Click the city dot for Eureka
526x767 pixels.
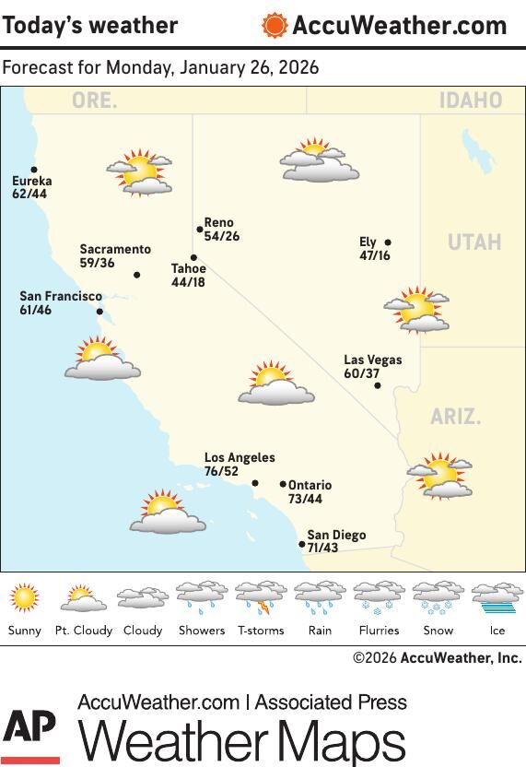point(34,170)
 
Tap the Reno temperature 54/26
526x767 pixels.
point(221,237)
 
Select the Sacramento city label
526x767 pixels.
point(115,250)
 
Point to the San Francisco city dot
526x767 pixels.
point(99,312)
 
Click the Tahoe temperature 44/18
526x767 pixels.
point(188,283)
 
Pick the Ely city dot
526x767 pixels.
point(388,243)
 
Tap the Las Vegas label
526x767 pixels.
point(372,360)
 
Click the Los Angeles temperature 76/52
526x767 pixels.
point(221,472)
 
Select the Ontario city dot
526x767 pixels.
point(283,484)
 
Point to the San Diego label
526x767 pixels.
point(336,535)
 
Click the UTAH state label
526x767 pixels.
point(474,242)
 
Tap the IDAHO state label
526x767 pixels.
point(470,100)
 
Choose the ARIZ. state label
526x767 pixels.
point(455,417)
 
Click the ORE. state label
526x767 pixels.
point(95,100)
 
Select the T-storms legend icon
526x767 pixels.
point(261,598)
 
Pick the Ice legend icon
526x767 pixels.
point(497,598)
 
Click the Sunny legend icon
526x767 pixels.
point(25,598)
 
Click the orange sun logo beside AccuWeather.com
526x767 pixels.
point(274,26)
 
